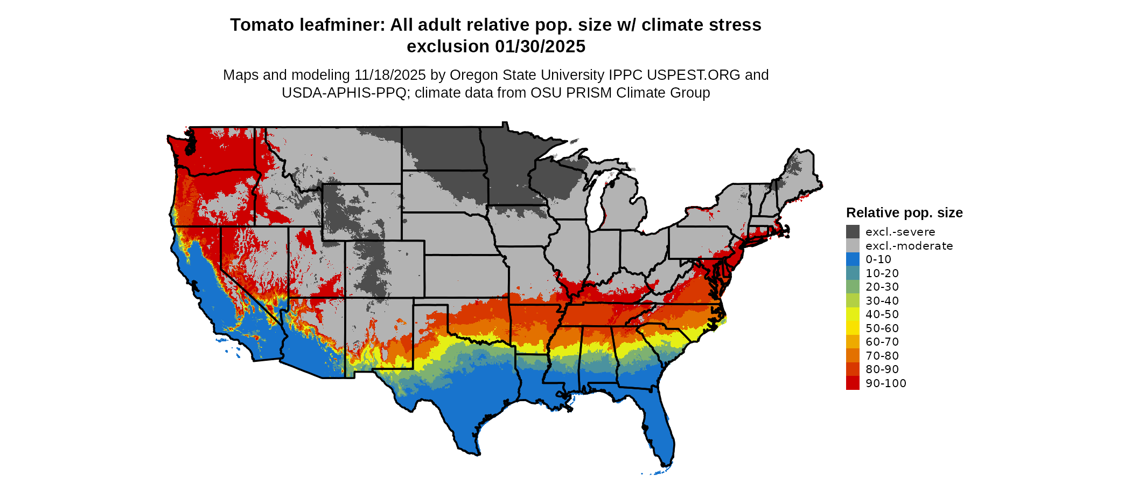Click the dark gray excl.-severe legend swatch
853,232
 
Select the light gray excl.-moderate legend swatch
853,246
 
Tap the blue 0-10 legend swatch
853,259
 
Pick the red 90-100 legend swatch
853,383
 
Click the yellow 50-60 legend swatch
853,328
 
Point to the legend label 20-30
882,287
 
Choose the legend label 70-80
882,356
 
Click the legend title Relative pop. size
904,212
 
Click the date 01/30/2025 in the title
540,46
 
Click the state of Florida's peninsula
659,426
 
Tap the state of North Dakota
442,148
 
